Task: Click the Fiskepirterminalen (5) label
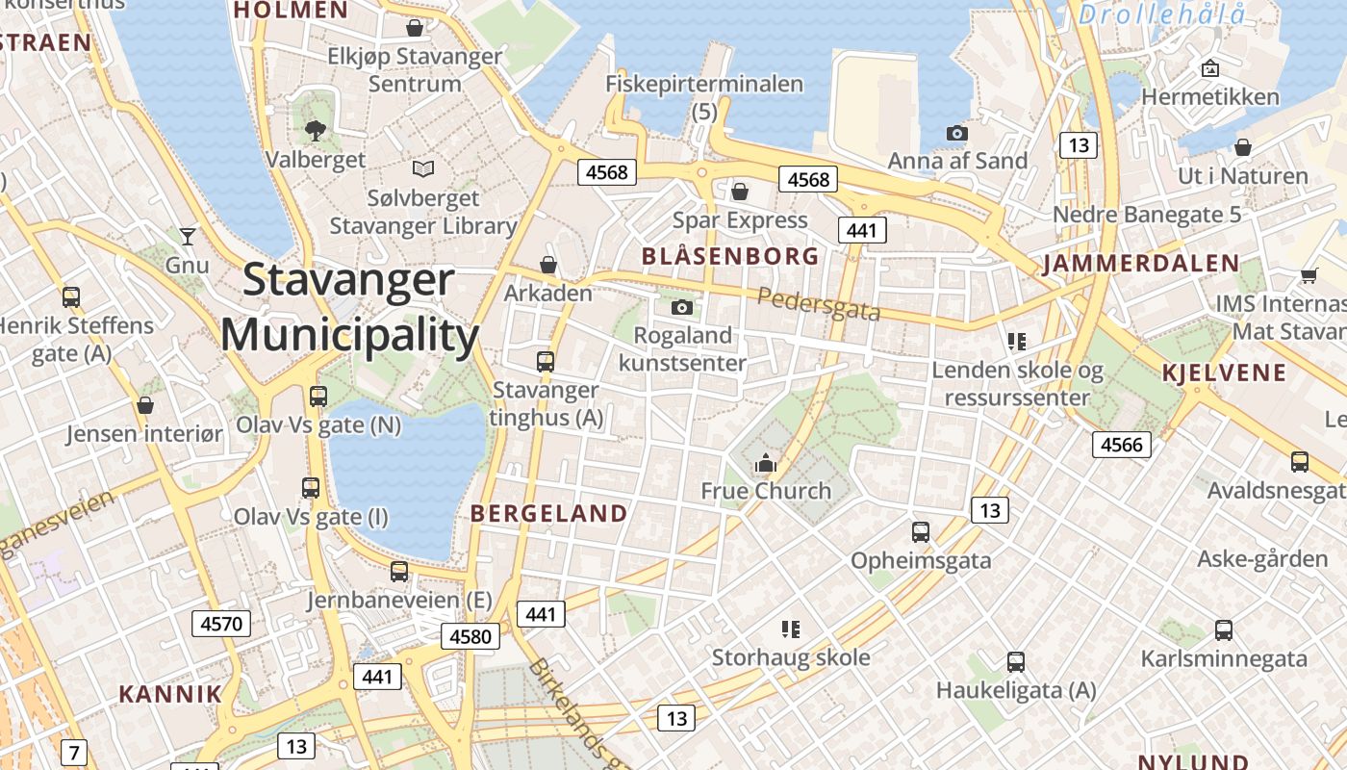click(x=704, y=97)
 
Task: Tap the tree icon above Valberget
click(x=315, y=131)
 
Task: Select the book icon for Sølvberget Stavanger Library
click(x=423, y=169)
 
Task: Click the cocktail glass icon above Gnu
click(x=187, y=236)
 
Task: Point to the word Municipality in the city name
click(x=349, y=336)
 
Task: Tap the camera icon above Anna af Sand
click(x=956, y=133)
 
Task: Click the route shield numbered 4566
click(x=1121, y=444)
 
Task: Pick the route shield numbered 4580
click(x=470, y=635)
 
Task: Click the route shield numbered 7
click(x=73, y=751)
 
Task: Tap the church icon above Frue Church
click(x=766, y=463)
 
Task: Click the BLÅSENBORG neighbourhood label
click(x=729, y=256)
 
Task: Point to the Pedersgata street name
click(x=819, y=303)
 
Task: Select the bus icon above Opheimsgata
click(x=920, y=531)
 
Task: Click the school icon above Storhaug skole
click(x=791, y=629)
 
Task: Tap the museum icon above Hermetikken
click(x=1210, y=68)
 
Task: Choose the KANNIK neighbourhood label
click(x=170, y=693)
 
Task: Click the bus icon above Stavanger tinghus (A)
click(x=546, y=362)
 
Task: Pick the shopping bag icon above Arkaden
click(x=548, y=264)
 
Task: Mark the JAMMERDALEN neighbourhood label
click(x=1141, y=264)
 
